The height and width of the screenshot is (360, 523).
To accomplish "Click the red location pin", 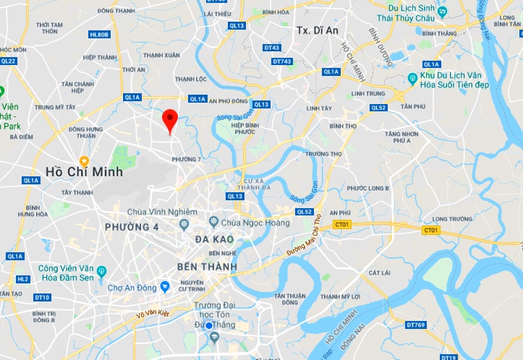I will pos(170,120).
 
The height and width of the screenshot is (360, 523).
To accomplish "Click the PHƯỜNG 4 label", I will pos(131,227).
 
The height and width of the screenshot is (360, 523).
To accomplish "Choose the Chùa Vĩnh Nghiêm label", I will pos(161,211).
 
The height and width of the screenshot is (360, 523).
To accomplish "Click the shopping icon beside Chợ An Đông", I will pos(166,287).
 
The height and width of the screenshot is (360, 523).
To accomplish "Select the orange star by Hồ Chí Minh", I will pos(85,160).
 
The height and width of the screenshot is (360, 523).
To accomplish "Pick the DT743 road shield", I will pos(282,61).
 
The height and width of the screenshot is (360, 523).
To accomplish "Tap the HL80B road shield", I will pos(98,34).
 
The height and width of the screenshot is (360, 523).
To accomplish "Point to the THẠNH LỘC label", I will pos(191,79).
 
